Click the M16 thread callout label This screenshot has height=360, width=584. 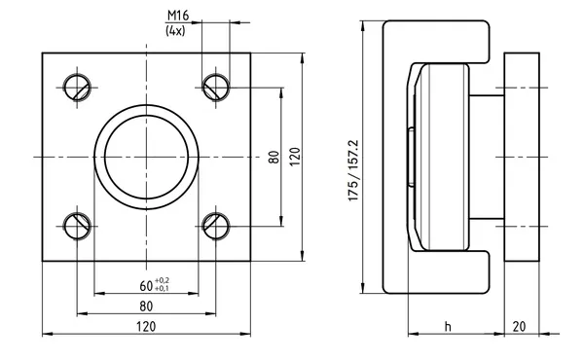(178, 16)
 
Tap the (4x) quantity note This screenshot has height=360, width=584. (175, 30)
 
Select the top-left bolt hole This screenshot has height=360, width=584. (77, 88)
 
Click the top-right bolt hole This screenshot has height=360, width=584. (216, 88)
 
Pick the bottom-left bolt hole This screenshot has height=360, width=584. (77, 227)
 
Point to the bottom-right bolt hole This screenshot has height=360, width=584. (216, 227)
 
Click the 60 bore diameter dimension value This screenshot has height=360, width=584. (146, 286)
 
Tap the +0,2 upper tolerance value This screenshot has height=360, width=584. (162, 281)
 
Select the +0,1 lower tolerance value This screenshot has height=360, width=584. (162, 288)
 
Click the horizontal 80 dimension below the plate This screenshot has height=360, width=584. (146, 306)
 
